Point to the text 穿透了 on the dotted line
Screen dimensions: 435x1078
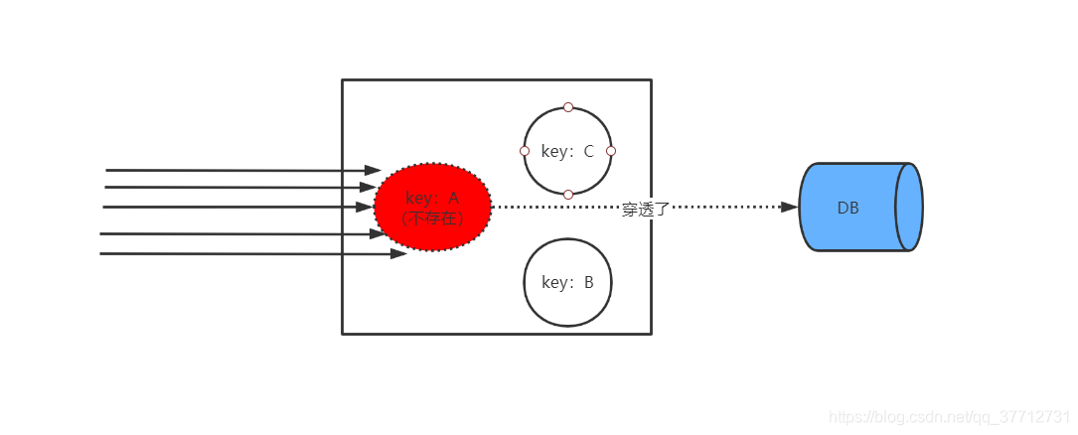point(646,210)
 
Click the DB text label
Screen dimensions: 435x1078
point(847,208)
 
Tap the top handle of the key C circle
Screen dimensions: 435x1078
point(568,107)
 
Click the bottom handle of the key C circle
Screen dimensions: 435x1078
point(568,195)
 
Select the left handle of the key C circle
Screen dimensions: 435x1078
point(525,151)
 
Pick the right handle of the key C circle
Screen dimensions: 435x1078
point(611,151)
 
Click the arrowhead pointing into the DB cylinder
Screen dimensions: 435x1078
point(790,208)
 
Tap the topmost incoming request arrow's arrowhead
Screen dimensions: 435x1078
point(373,171)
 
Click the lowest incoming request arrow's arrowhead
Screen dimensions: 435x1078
point(398,254)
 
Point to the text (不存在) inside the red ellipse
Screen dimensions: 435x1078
point(432,217)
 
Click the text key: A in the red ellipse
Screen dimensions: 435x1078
point(432,198)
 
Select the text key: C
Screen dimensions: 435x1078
point(567,152)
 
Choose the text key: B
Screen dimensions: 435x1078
point(567,282)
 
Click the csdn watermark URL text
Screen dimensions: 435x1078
point(948,417)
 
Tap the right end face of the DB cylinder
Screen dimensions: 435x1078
point(909,208)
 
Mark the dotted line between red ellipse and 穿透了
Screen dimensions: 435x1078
point(556,208)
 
